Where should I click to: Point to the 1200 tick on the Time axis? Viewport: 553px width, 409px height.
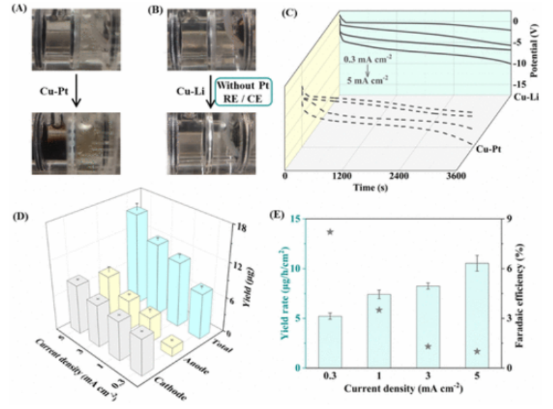click(341, 177)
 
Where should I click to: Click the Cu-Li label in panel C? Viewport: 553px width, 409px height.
click(526, 98)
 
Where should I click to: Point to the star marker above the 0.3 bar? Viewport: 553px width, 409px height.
click(330, 232)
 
